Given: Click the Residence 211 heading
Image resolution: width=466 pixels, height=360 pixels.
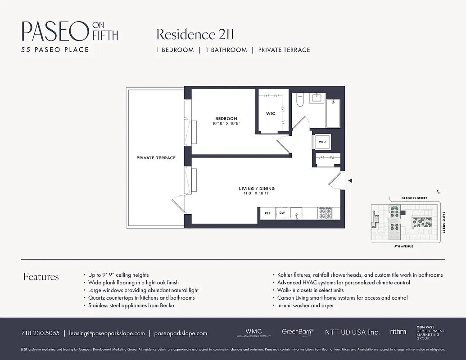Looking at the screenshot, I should point(195,34).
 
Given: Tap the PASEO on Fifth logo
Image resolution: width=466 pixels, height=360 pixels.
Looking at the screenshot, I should point(70,31).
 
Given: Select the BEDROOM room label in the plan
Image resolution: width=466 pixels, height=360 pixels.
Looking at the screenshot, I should point(226,119).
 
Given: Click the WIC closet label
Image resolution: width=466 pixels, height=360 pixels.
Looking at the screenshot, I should point(270,113).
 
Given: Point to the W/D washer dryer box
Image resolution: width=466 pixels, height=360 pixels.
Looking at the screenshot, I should point(322,142).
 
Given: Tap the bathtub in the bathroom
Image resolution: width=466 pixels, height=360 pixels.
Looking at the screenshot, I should point(334,112).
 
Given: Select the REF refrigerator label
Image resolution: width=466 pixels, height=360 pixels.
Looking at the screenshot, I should point(267,213).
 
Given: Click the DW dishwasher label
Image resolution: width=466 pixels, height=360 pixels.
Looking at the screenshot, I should point(282,213).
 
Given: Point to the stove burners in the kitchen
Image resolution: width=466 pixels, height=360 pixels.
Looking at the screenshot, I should point(325,213).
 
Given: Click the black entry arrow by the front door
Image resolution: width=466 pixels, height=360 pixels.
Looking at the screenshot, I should point(350,180).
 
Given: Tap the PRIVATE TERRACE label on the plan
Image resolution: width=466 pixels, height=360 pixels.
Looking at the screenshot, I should point(156,158).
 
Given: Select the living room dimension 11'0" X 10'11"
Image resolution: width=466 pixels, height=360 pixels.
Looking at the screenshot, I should point(257,193).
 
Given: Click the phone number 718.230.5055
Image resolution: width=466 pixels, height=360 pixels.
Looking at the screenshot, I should point(40,333).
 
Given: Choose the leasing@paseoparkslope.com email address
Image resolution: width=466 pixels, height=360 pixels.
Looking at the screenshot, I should point(107,333).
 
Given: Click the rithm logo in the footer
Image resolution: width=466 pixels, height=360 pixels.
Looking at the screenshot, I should point(398,332).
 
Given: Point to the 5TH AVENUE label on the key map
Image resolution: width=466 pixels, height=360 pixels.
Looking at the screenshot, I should point(404,247).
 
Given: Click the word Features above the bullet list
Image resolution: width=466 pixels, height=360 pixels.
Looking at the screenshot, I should point(41,277).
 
